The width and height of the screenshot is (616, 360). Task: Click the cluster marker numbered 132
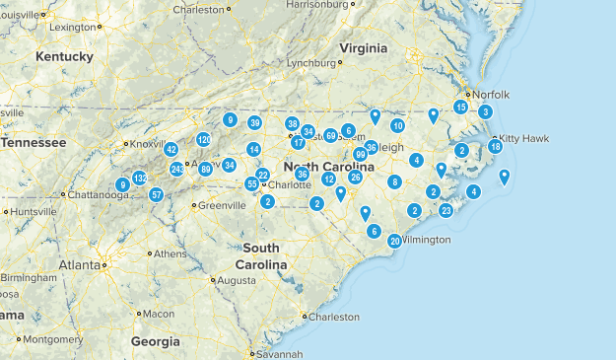click(139, 178)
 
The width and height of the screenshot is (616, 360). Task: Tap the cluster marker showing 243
click(177, 170)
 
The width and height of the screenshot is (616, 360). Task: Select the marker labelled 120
click(203, 140)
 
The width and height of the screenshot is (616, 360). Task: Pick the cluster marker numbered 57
click(156, 194)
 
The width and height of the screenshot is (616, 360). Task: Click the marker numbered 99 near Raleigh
click(361, 155)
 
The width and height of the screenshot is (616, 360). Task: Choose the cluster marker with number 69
click(331, 135)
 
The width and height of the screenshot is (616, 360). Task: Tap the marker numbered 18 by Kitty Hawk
click(496, 147)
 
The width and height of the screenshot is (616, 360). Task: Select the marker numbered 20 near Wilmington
click(394, 241)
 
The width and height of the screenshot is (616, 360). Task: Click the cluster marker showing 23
click(445, 210)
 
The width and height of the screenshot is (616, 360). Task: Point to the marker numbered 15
click(460, 107)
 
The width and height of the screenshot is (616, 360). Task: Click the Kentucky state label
click(64, 57)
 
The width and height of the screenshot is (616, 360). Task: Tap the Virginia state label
click(364, 48)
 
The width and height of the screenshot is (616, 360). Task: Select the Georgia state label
click(156, 341)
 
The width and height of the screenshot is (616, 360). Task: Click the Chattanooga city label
click(100, 194)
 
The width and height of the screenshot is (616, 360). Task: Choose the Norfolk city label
click(490, 95)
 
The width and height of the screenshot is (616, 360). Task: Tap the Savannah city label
click(280, 354)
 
